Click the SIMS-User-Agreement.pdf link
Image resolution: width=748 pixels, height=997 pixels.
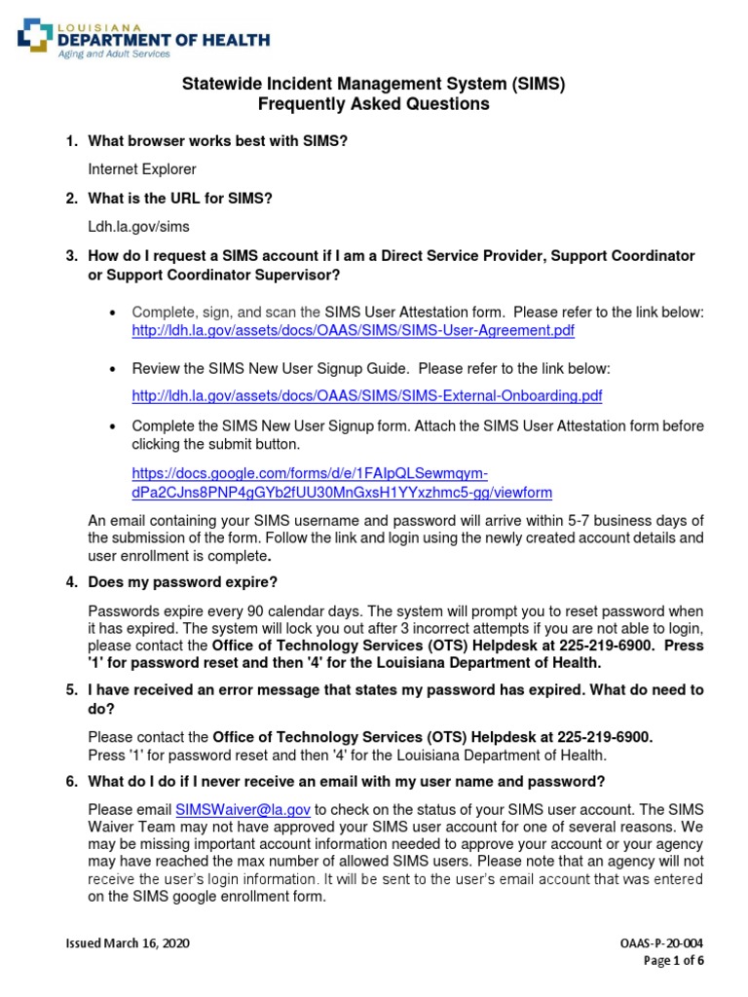click(x=353, y=331)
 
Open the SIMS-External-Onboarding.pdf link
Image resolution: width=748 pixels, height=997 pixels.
click(x=366, y=395)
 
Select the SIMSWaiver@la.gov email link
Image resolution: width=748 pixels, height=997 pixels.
click(x=243, y=809)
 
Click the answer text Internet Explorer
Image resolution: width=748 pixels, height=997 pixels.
click(x=142, y=169)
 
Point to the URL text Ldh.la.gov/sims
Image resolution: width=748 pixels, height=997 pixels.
click(x=138, y=226)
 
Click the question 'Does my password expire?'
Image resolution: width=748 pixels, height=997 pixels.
click(x=182, y=582)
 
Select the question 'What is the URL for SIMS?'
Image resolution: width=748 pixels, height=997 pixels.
click(x=180, y=199)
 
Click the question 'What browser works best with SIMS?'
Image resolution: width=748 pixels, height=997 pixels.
click(x=217, y=142)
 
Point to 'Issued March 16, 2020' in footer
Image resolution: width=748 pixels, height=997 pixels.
click(x=128, y=944)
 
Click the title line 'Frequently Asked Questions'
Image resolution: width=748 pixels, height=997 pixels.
click(x=374, y=104)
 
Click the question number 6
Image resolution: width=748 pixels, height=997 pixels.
click(x=71, y=781)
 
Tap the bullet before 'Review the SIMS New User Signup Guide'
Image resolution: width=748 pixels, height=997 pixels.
click(x=114, y=370)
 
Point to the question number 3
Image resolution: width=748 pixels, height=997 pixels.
click(x=71, y=255)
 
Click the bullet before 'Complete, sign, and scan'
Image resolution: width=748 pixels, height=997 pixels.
click(x=114, y=314)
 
